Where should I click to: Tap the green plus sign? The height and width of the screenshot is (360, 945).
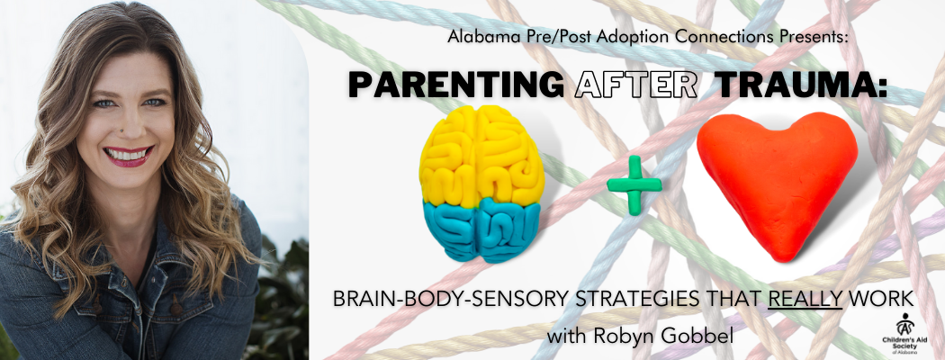(634, 183)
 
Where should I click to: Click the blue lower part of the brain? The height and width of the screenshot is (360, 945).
(481, 230)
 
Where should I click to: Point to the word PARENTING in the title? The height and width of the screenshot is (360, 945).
(455, 85)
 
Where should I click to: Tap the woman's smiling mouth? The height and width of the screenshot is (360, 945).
(129, 156)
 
